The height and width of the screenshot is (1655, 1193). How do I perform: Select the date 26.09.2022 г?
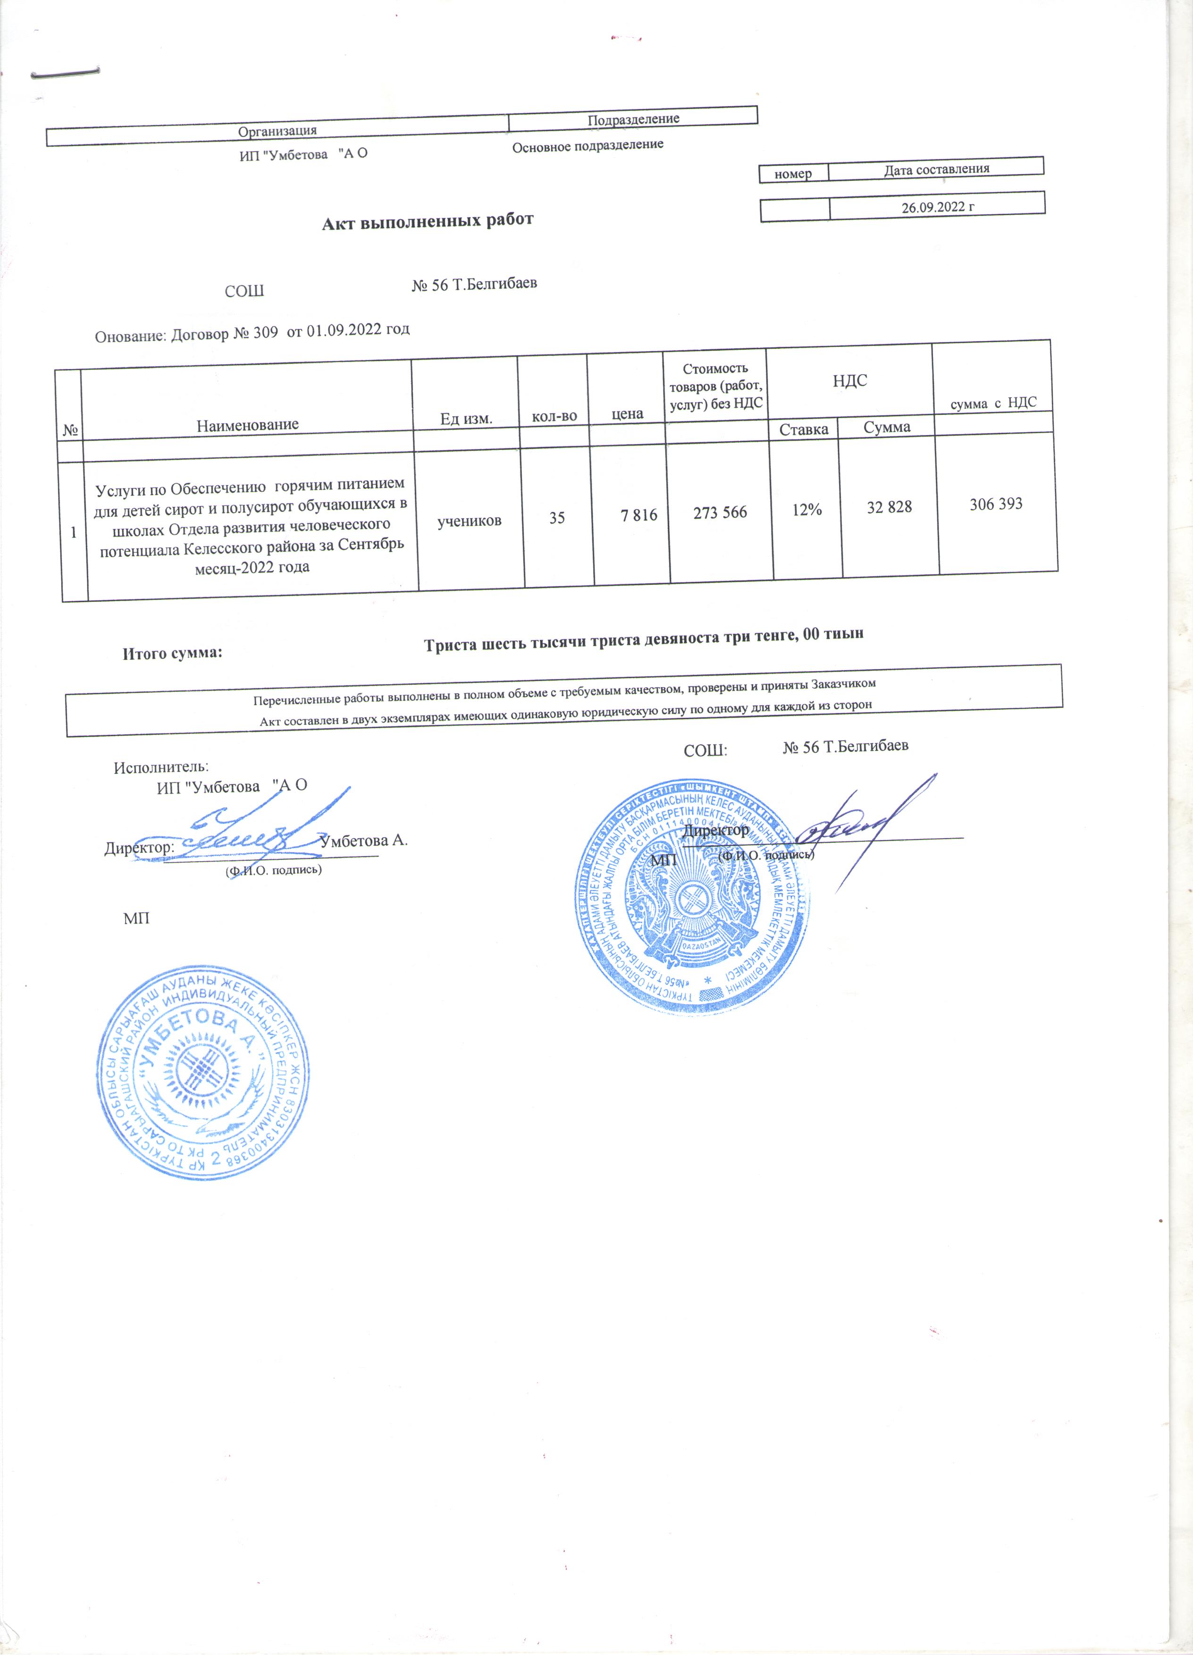938,207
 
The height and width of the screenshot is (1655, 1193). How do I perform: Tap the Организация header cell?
277,131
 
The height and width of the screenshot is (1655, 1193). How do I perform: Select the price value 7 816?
639,515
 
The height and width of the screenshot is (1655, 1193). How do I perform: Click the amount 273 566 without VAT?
720,513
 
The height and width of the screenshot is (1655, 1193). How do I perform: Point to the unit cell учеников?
469,521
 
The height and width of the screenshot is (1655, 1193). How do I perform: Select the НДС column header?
849,381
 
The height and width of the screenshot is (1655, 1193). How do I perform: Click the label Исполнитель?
161,767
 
